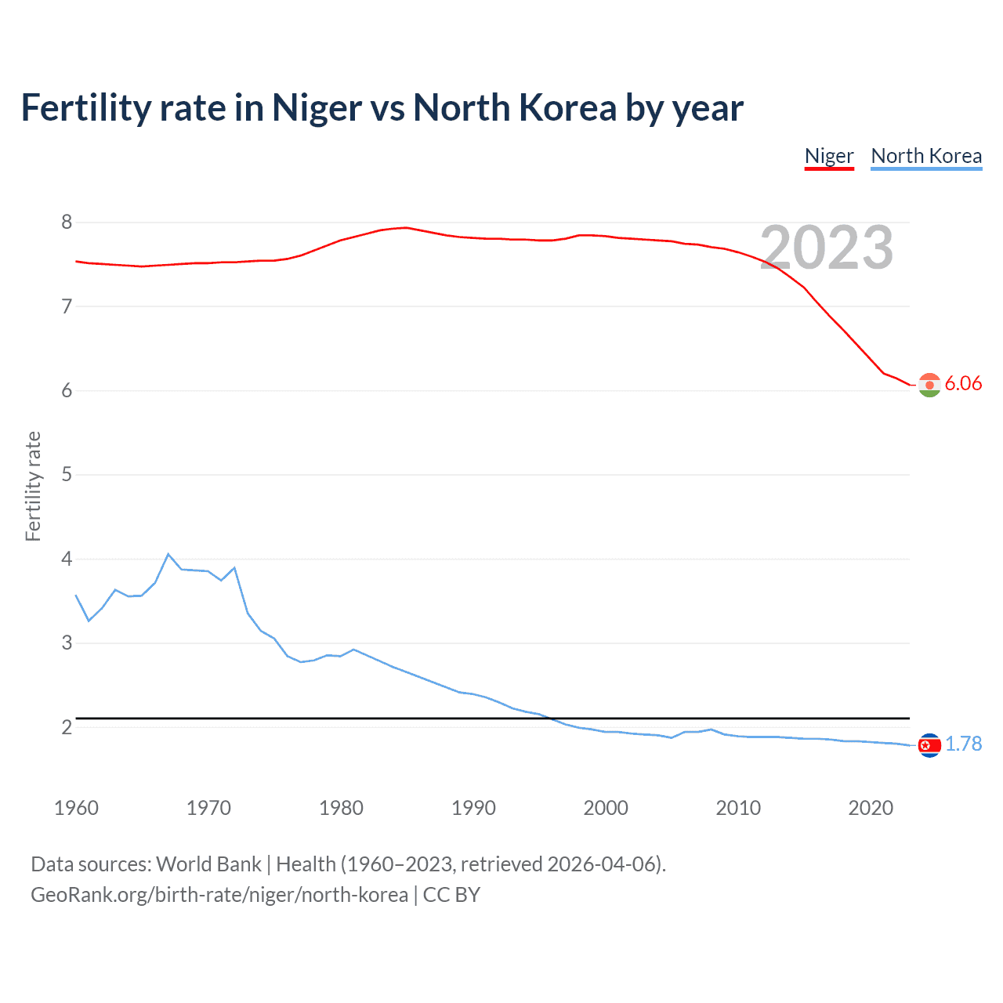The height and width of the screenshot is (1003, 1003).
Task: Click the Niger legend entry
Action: (x=829, y=156)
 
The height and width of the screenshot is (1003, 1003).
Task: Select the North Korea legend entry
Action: (x=926, y=156)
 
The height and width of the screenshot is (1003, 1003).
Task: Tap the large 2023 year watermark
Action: (x=827, y=248)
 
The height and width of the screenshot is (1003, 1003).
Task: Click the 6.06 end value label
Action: (x=963, y=383)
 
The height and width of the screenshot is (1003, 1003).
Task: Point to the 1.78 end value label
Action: (x=963, y=744)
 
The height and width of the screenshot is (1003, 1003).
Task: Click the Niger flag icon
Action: (x=929, y=385)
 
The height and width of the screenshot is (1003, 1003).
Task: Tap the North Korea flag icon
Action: (x=929, y=745)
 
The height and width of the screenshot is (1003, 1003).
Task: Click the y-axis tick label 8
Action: (x=67, y=223)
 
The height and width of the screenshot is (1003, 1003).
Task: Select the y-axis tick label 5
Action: (x=67, y=475)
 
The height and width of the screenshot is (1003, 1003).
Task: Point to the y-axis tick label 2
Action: (x=67, y=727)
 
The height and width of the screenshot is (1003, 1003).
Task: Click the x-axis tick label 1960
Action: (x=76, y=808)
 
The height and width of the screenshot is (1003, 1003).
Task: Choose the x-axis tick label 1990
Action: (x=473, y=808)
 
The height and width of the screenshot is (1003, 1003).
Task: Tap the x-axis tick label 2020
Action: (x=871, y=808)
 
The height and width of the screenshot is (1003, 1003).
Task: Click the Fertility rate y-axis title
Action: (x=33, y=486)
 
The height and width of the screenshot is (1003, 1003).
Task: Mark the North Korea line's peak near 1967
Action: (x=168, y=554)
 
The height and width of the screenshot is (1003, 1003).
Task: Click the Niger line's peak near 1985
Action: (x=406, y=227)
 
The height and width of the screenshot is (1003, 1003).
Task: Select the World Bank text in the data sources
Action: (x=208, y=864)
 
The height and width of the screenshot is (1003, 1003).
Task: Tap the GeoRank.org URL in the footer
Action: (x=219, y=895)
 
